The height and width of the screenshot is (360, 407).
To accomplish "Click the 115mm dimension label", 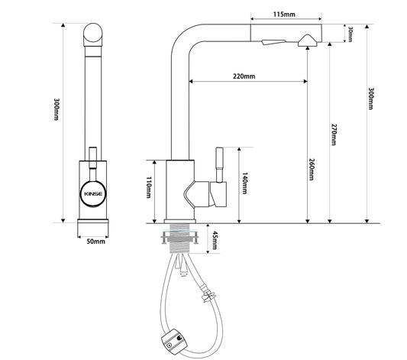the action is coord(284,15).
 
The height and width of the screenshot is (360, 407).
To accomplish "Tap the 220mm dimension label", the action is coord(244,76).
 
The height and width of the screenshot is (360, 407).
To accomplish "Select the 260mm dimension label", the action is coord(312,170).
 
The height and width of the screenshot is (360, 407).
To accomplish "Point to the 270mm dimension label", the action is coord(334,135).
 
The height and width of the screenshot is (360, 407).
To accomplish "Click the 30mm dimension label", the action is coord(350,34).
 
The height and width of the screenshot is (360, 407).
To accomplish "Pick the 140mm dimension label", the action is coord(245,183).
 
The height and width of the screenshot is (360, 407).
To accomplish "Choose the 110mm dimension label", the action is coord(148,187).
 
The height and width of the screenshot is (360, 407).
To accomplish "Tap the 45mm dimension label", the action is coord(215,240).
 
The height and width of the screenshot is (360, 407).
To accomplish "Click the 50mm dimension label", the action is coord(95,242).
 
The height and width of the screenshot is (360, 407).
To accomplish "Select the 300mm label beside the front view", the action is coord(56,109).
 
